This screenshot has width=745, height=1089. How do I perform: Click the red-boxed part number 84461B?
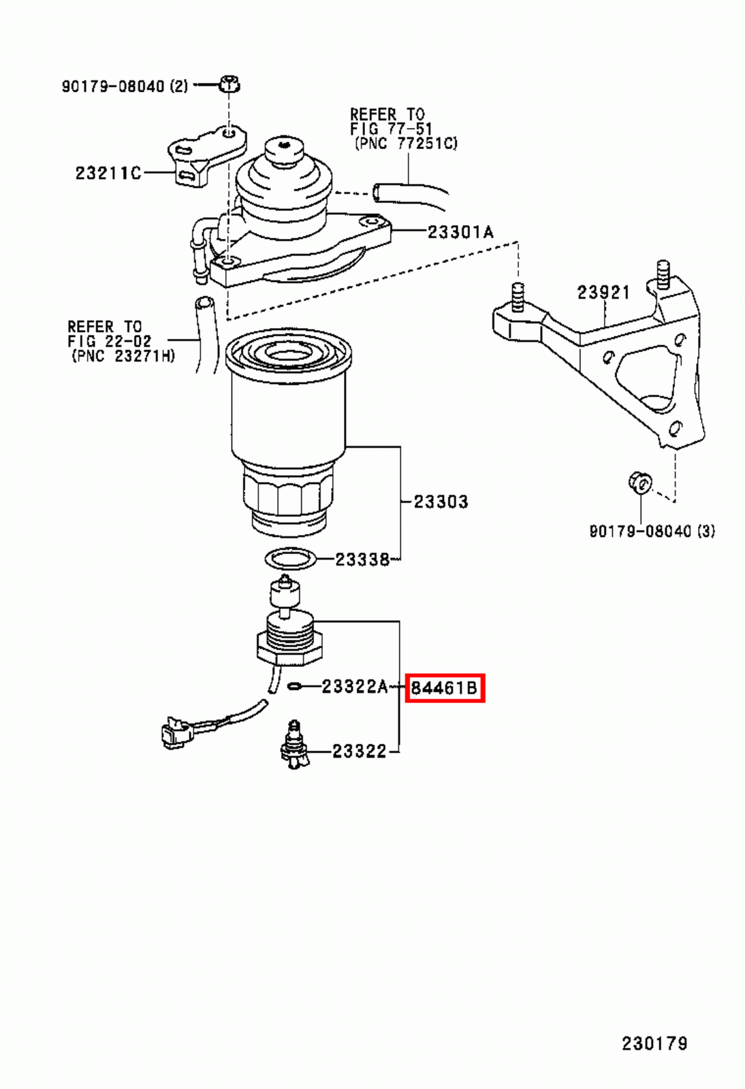tap(445, 688)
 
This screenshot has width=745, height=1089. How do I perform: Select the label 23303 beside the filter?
tap(441, 502)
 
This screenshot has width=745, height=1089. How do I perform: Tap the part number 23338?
tap(362, 559)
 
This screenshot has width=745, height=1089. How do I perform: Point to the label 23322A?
tap(354, 687)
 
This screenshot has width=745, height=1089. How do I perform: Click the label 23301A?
tap(460, 232)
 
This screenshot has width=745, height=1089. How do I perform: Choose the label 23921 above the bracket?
tap(603, 292)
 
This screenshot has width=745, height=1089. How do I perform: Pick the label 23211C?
tap(108, 173)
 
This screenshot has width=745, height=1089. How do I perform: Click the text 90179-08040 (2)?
tap(125, 86)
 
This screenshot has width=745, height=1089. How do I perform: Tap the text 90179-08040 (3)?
tap(652, 531)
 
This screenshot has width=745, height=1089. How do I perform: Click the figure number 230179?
tap(654, 1043)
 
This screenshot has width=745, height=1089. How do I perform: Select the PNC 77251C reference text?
tap(406, 144)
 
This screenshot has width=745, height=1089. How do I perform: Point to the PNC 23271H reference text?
tap(123, 355)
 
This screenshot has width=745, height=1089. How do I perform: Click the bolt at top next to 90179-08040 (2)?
tap(229, 84)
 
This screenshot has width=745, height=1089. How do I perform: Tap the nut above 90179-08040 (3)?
tap(639, 483)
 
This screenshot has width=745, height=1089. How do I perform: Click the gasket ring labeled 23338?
tap(291, 559)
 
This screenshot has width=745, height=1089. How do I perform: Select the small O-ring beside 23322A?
tap(295, 686)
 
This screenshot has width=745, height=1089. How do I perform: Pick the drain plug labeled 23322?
tap(294, 747)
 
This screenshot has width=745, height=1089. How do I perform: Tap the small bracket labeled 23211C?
tap(204, 157)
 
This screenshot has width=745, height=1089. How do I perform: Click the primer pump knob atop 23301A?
tap(284, 150)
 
